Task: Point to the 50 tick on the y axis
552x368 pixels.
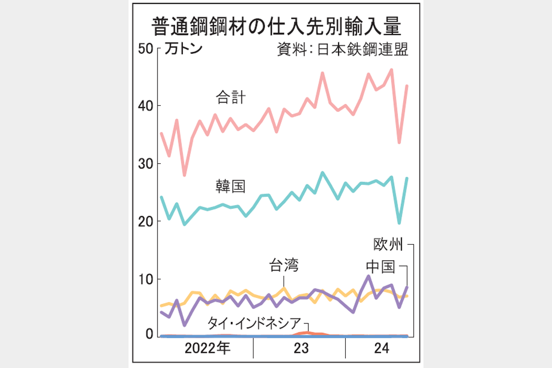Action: coord(147,48)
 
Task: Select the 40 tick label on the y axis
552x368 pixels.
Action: coord(147,106)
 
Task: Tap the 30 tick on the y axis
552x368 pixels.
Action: coord(147,164)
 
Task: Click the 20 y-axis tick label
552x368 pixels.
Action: coord(147,222)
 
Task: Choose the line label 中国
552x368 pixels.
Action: coord(380,267)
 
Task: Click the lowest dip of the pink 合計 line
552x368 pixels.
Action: coord(184,175)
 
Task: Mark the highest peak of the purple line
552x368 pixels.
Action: coord(368,276)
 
